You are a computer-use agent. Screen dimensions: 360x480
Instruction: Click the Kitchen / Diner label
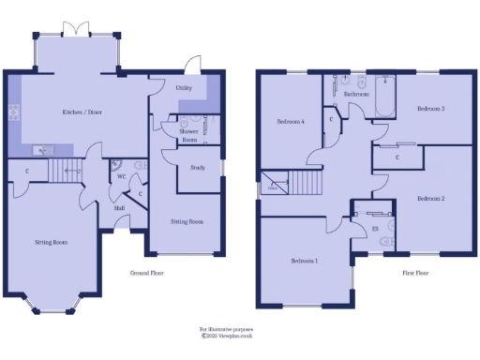(82, 112)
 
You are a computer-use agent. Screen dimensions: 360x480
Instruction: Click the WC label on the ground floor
(122, 175)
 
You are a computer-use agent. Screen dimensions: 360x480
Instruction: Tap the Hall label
(120, 208)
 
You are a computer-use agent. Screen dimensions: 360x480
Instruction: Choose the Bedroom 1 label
(305, 260)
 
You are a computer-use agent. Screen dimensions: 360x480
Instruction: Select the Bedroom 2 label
(430, 198)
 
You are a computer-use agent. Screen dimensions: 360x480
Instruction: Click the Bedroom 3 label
(430, 109)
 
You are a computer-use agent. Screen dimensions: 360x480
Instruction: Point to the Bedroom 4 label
(291, 122)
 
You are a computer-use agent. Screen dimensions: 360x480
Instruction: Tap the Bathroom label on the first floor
(356, 95)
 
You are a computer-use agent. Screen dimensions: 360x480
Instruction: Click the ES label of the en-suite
(375, 227)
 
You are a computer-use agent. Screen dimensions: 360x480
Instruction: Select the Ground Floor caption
(149, 273)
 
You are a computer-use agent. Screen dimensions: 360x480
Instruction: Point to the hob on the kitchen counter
(13, 114)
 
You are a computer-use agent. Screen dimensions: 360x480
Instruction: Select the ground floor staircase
(67, 171)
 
